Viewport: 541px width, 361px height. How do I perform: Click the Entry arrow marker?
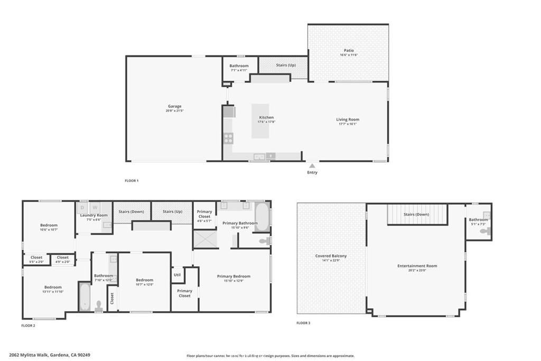[x=312, y=166]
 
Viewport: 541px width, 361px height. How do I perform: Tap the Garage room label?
[x=174, y=106]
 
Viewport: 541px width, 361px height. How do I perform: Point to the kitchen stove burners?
[x=229, y=138]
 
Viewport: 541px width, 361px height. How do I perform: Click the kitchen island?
[x=260, y=121]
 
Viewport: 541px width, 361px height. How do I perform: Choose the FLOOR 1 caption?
[x=132, y=181]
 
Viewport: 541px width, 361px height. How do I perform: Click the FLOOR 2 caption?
[x=28, y=326]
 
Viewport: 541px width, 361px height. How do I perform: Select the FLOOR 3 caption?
[x=303, y=322]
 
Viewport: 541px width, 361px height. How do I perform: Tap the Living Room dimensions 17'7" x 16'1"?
[x=348, y=124]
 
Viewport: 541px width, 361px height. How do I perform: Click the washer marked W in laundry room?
[x=96, y=208]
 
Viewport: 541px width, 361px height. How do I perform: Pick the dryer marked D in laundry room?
[x=83, y=208]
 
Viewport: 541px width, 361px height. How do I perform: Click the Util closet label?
[x=178, y=274]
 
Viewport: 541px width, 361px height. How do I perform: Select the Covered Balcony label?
[x=331, y=256]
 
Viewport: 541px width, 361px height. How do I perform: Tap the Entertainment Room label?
[x=417, y=266]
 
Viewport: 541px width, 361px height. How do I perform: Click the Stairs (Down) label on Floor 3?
[x=416, y=215]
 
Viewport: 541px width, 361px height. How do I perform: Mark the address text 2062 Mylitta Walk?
[x=30, y=355]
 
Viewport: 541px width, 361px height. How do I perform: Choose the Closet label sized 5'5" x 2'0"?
[x=36, y=257]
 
